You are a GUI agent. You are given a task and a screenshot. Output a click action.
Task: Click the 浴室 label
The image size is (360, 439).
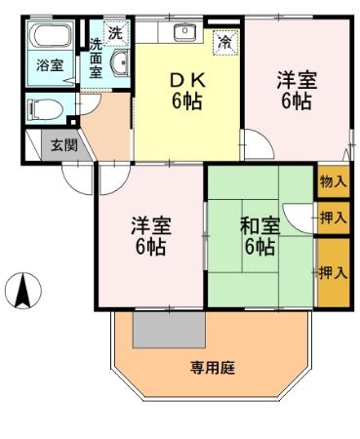click(48, 66)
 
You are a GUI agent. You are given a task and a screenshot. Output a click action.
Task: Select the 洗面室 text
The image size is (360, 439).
click(96, 58)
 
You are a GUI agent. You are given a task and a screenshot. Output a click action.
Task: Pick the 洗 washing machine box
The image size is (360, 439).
click(115, 32)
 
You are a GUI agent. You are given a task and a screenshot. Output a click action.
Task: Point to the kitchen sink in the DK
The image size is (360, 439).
click(185, 33)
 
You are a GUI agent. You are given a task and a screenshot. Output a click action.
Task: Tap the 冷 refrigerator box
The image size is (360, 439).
click(224, 42)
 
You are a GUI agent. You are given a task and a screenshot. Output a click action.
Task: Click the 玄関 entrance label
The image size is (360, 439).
click(63, 146)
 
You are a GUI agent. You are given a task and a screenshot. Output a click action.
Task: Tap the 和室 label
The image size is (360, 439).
click(260, 226)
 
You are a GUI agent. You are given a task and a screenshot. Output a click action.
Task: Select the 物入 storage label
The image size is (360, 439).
click(333, 181)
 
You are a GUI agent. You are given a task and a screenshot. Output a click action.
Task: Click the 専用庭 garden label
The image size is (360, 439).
click(213, 368)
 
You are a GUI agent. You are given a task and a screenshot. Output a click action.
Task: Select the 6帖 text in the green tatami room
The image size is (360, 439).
click(260, 247)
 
